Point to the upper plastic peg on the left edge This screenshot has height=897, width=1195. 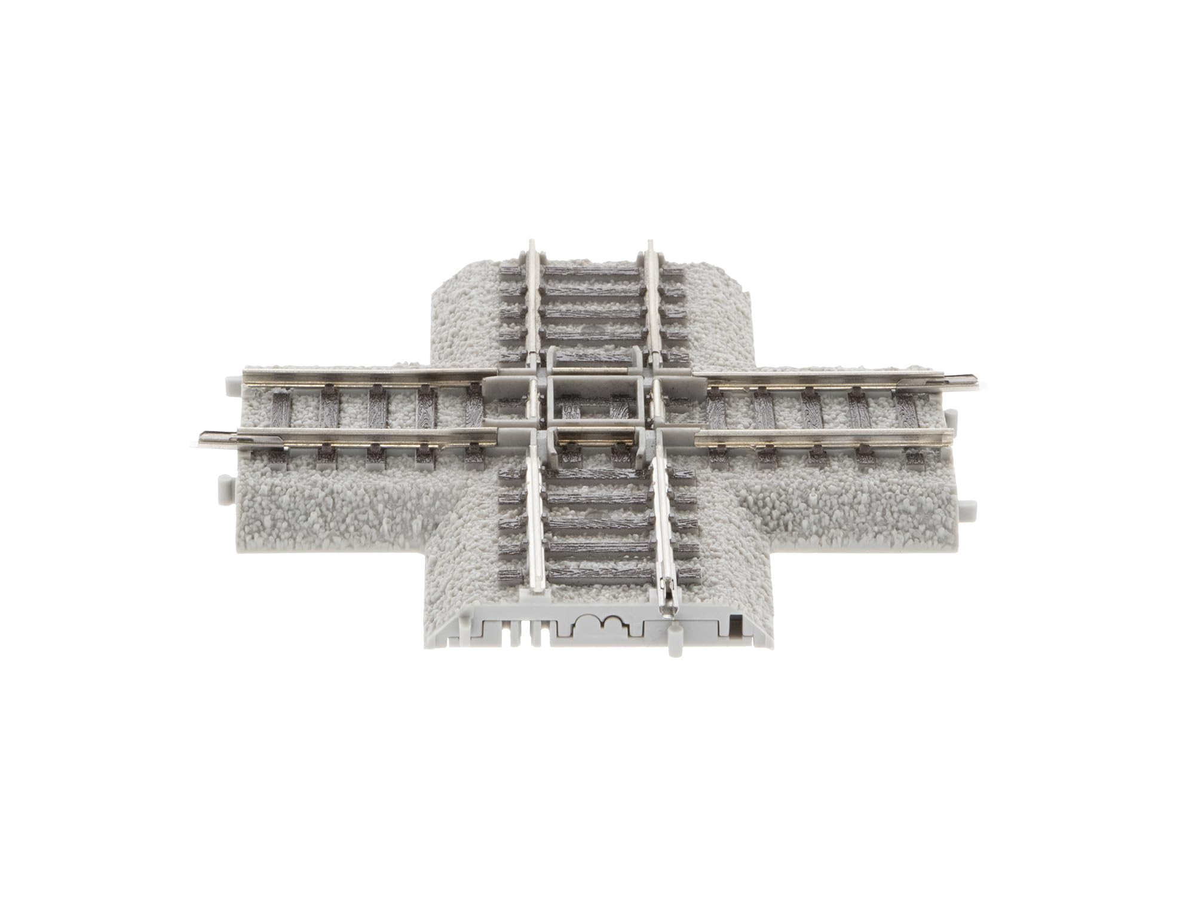coord(230,382)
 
